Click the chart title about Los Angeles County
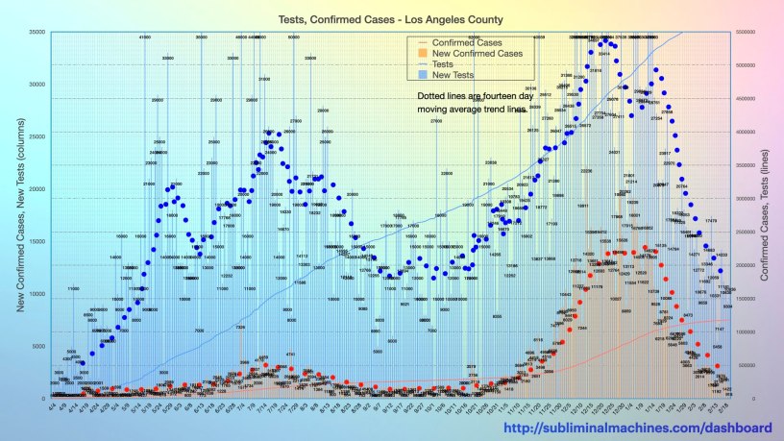393,19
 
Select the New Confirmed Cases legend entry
478,54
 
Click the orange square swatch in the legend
423,54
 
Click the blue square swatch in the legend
423,75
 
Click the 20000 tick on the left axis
37,189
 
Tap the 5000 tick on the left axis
38,346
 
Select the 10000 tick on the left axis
37,294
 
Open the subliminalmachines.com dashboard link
638,428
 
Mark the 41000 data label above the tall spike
144,37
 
